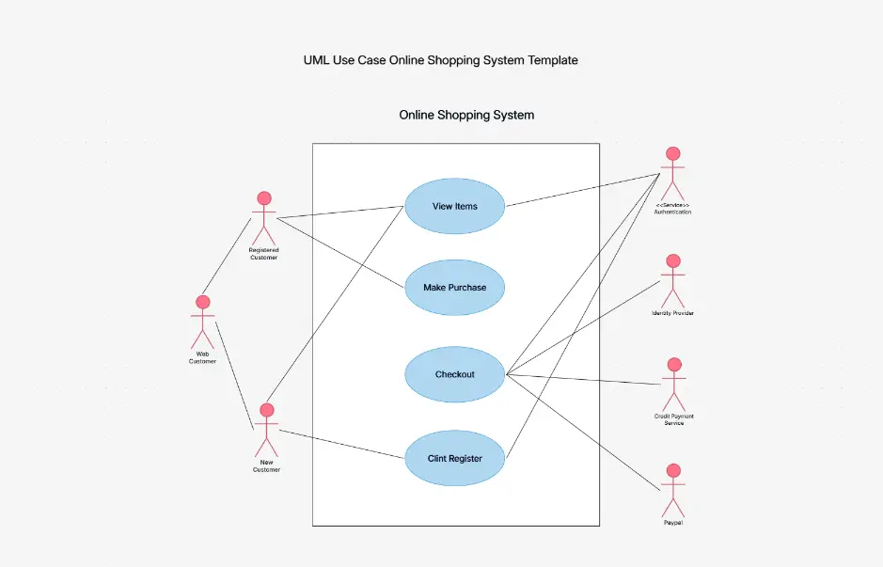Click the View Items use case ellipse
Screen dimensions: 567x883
[x=455, y=206]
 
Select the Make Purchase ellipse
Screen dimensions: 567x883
[x=455, y=287]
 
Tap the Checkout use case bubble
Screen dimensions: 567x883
[x=455, y=374]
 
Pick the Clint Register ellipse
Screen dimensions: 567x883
[x=455, y=458]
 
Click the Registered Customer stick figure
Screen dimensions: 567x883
[x=264, y=218]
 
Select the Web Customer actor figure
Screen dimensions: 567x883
[x=202, y=323]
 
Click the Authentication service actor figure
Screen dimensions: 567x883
[x=672, y=173]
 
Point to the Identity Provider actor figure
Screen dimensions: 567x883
[x=672, y=280]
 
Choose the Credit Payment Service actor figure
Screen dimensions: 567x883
[x=673, y=384]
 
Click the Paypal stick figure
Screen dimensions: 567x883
[x=672, y=490]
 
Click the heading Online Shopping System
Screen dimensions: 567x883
[x=466, y=115]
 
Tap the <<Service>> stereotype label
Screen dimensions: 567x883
[x=672, y=205]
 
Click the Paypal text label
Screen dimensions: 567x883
[x=672, y=522]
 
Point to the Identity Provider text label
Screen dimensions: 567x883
[x=672, y=312]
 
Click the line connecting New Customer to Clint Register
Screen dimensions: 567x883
[x=342, y=445]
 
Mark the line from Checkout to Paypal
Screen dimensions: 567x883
[x=583, y=433]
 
